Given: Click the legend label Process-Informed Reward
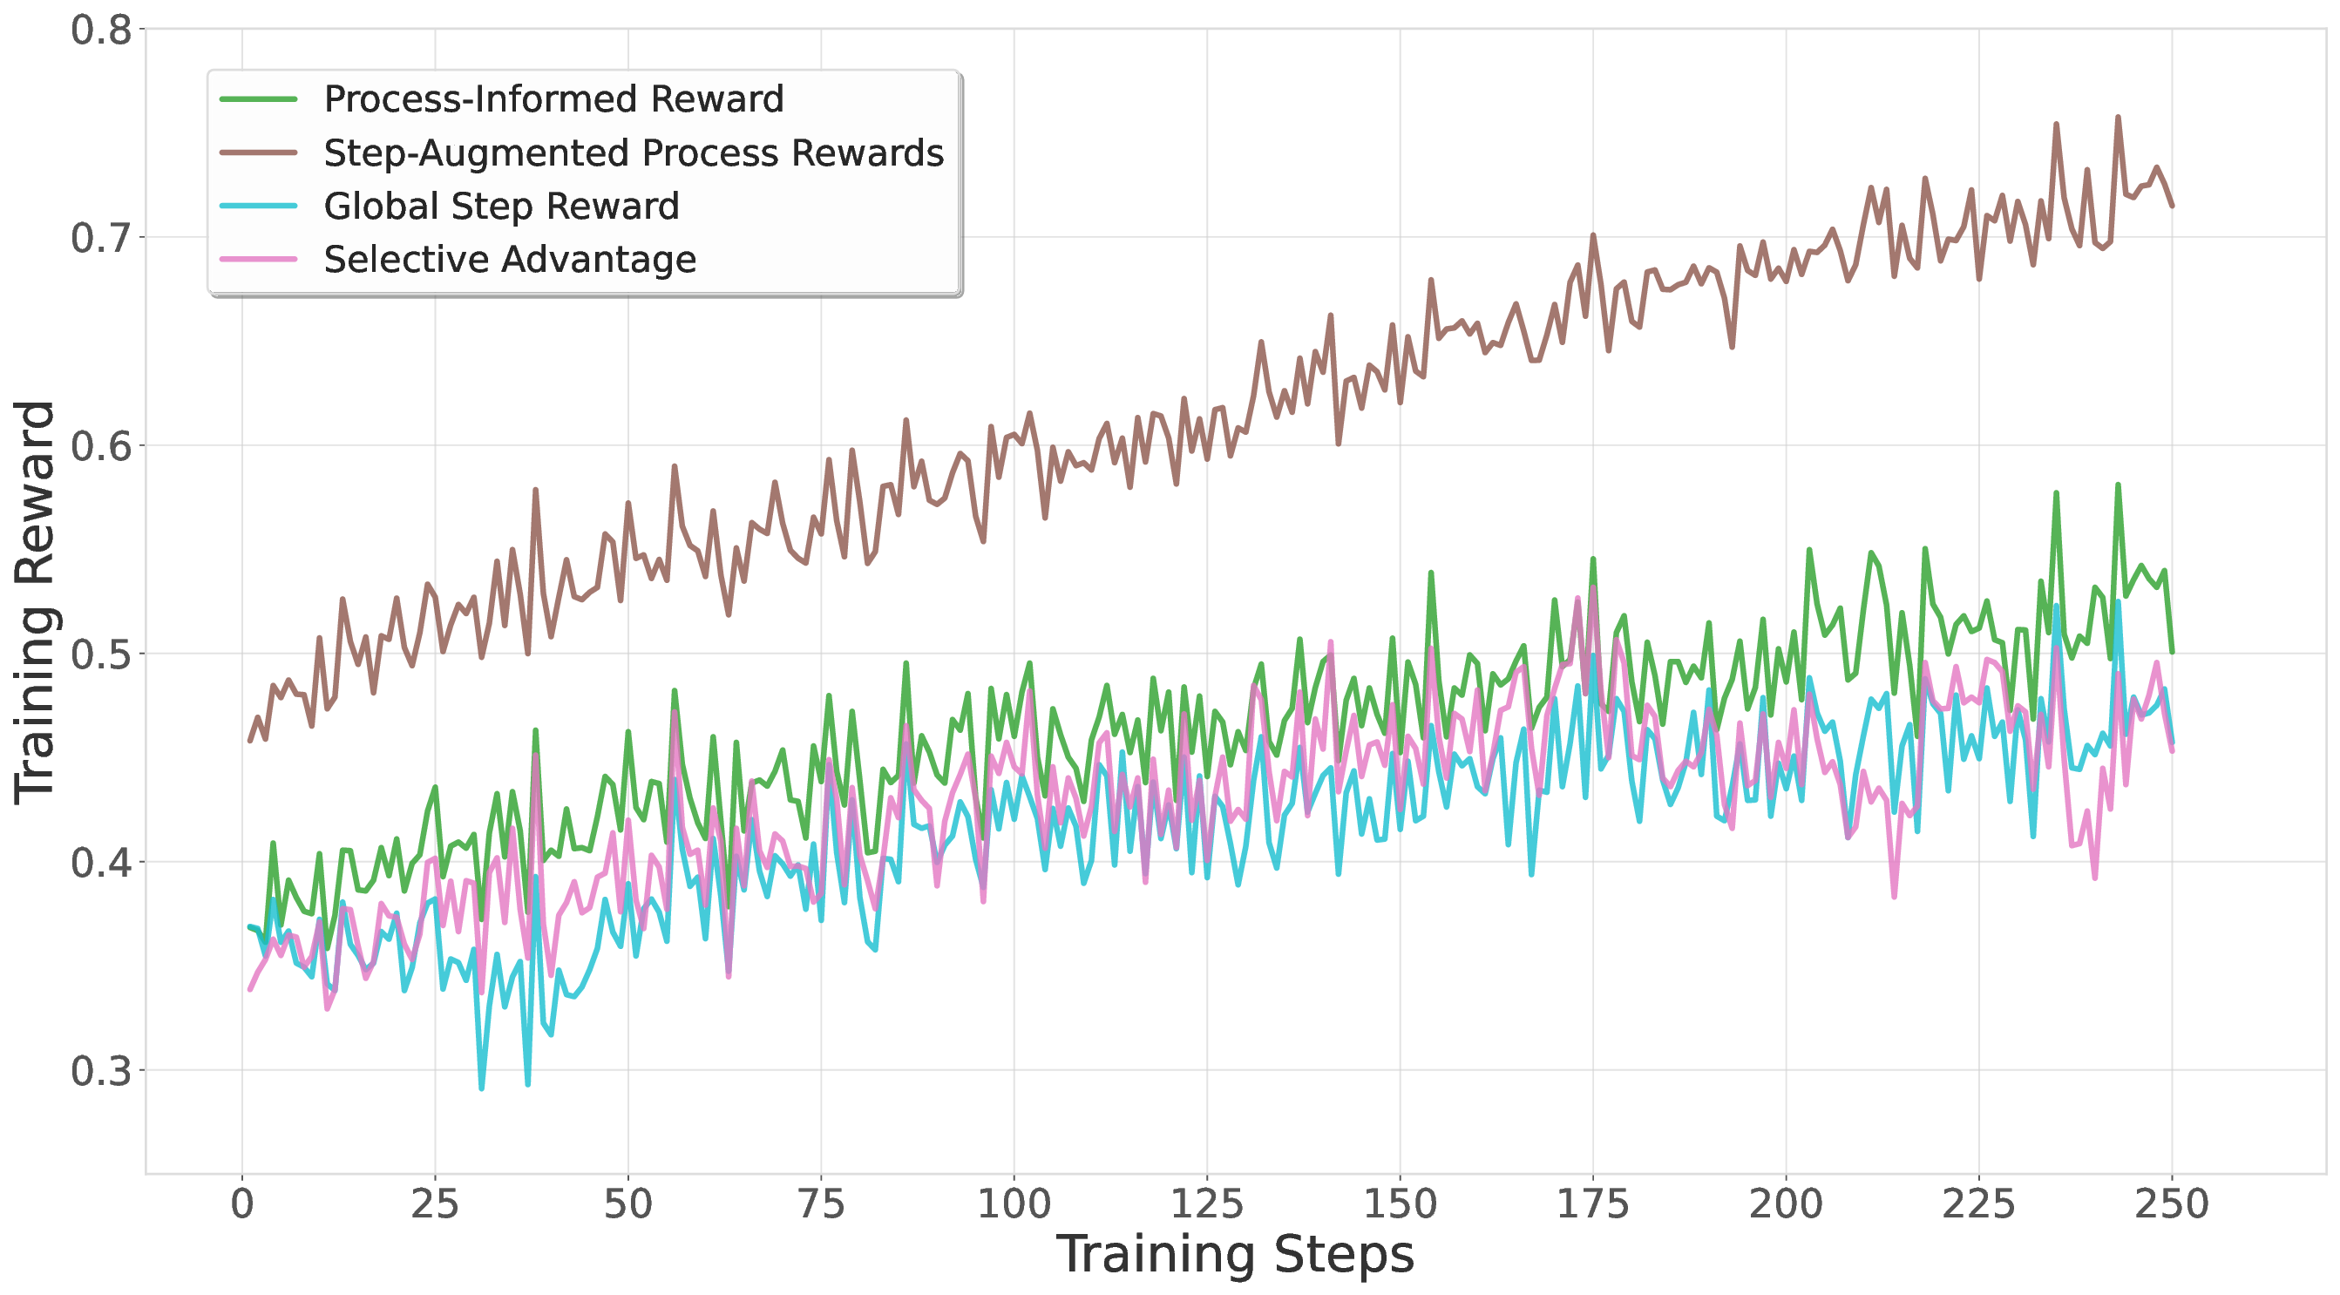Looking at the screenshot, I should [553, 99].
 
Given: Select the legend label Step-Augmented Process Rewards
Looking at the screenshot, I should [633, 153].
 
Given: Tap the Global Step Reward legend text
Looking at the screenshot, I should [501, 207].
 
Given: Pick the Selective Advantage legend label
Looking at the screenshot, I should [510, 260].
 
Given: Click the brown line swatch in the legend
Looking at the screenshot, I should [259, 153].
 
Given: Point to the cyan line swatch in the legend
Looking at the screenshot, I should [259, 207].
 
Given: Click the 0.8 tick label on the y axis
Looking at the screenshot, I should [101, 30].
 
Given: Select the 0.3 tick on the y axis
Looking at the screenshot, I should [101, 1071].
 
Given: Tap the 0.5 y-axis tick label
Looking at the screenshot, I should [101, 654].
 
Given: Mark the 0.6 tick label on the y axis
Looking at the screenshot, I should [101, 446].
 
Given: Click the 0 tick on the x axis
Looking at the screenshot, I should [241, 1204].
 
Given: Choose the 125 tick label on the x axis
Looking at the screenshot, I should [1206, 1204].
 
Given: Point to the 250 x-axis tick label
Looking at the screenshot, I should [2171, 1204].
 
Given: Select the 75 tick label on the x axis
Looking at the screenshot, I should [820, 1204].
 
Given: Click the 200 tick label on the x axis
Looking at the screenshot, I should [1786, 1204].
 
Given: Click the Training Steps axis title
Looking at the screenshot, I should [1235, 1255].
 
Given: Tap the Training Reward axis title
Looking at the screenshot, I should [37, 601].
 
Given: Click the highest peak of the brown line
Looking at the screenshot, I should [2119, 117].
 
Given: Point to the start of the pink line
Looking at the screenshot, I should [250, 990].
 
